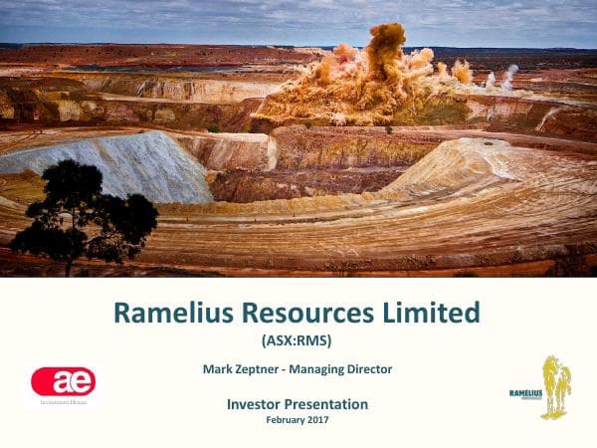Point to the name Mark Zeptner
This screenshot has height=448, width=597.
(242, 369)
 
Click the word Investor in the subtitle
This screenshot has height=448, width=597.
(254, 404)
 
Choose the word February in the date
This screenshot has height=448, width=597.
(285, 419)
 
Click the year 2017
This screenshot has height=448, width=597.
(317, 419)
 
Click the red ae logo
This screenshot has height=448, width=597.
(64, 381)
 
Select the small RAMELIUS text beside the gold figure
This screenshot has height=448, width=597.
(524, 393)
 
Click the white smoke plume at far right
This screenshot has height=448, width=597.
(507, 76)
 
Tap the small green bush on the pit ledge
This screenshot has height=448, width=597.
(213, 127)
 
